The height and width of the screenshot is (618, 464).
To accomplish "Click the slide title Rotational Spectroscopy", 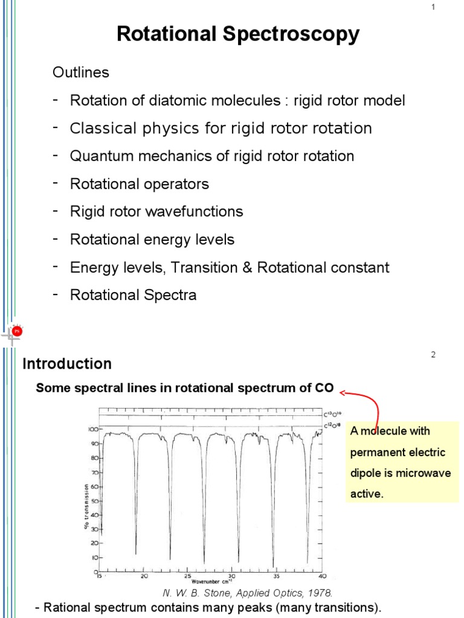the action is click(238, 34).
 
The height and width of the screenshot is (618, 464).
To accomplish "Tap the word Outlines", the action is click(80, 72).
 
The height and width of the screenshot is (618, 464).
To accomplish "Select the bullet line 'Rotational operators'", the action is click(140, 184).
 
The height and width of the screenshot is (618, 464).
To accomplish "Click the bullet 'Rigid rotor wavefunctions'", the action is click(156, 212).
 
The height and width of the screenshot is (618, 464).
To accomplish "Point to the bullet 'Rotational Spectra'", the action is click(134, 295).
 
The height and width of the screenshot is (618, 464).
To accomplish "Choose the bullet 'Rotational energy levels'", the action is click(152, 240).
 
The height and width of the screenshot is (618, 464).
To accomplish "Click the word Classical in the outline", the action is click(100, 129).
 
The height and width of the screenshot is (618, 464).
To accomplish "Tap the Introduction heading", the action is click(67, 364).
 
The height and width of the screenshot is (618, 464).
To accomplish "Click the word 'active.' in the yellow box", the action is click(367, 494).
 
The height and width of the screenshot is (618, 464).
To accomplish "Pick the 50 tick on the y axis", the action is click(94, 500).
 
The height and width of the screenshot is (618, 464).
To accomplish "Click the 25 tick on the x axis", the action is click(188, 577).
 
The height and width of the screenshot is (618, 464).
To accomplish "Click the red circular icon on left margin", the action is click(17, 331).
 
